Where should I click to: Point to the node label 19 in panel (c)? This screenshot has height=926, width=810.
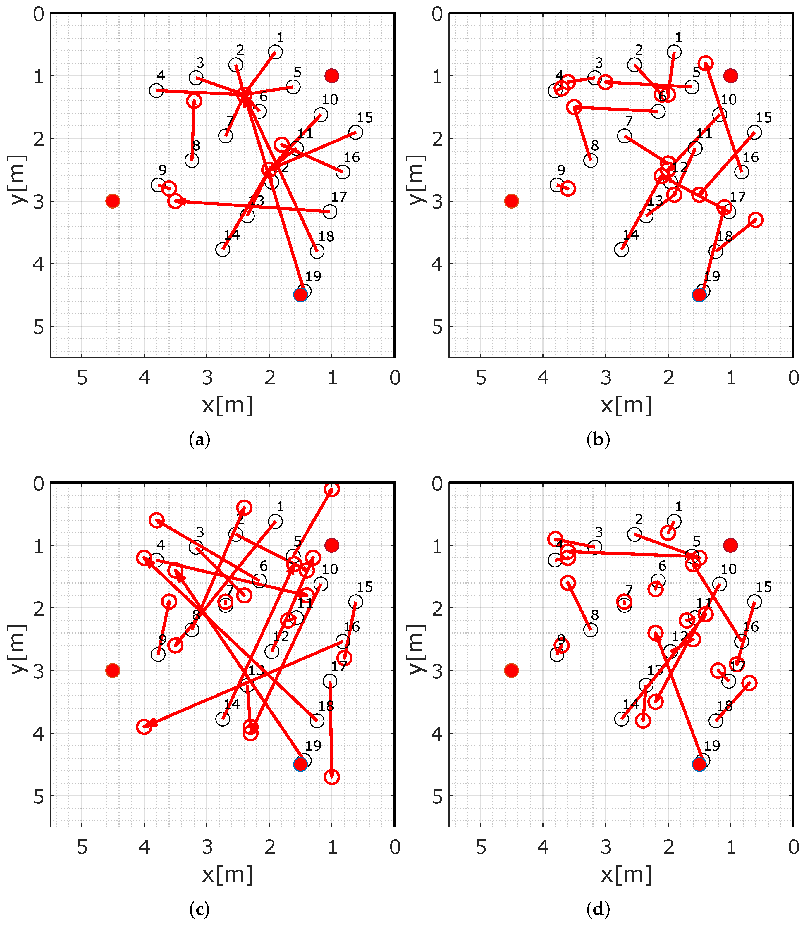click(x=313, y=746)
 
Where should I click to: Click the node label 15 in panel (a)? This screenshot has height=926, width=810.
click(x=365, y=118)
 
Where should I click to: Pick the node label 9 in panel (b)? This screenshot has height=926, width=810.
click(x=561, y=170)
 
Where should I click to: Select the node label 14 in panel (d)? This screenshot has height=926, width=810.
click(x=631, y=704)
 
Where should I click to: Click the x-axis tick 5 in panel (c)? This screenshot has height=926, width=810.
click(x=82, y=847)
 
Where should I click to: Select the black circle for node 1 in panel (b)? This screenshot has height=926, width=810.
click(x=674, y=52)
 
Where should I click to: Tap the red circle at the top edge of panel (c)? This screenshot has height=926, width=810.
click(x=332, y=489)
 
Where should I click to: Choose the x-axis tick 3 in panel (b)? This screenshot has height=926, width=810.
click(x=606, y=378)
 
